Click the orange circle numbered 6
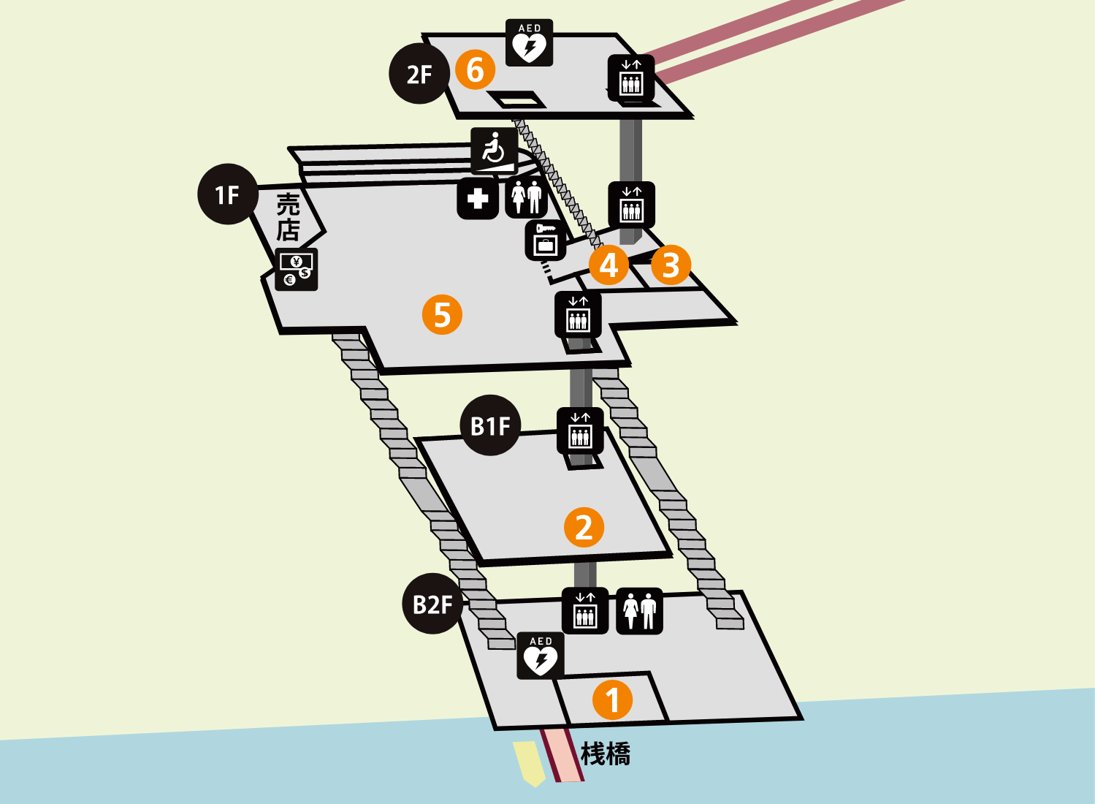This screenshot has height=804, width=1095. [475, 69]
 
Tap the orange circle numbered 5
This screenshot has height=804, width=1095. [442, 314]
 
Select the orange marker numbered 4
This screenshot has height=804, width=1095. [608, 265]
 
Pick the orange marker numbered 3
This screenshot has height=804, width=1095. [671, 265]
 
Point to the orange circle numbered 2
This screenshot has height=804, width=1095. [584, 527]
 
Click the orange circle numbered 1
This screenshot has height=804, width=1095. [613, 699]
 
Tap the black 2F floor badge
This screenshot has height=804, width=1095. [419, 73]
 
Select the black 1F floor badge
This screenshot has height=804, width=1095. [228, 194]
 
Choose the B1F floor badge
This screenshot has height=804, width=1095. [490, 425]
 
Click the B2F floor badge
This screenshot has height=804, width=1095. [432, 604]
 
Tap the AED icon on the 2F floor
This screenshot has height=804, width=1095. [530, 42]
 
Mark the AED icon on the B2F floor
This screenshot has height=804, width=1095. [541, 656]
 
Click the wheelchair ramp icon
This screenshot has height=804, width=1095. [495, 151]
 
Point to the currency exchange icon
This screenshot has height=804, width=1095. [297, 270]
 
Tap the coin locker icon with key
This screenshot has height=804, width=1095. [546, 240]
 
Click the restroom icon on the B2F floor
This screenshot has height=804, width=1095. [639, 611]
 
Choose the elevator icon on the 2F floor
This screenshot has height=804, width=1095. [631, 78]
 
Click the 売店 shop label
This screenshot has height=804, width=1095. [288, 216]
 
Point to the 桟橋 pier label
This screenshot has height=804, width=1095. [606, 754]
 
